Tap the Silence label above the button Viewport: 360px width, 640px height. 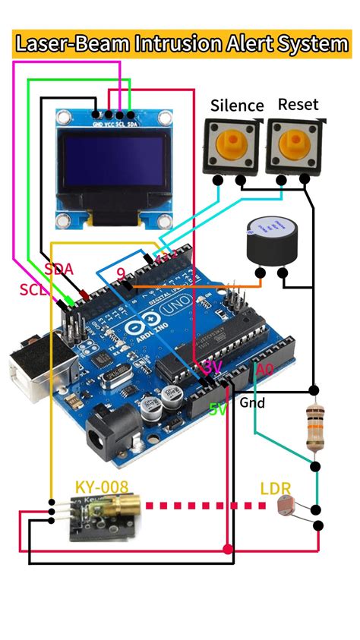(x=237, y=106)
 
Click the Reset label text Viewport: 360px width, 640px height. (x=298, y=104)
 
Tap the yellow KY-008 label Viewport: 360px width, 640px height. (x=102, y=486)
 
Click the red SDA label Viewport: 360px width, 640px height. (x=58, y=268)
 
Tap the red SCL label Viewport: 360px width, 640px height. (x=34, y=289)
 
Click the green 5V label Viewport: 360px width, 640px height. (x=218, y=409)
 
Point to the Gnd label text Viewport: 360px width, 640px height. (x=253, y=402)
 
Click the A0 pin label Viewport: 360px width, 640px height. (x=264, y=370)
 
